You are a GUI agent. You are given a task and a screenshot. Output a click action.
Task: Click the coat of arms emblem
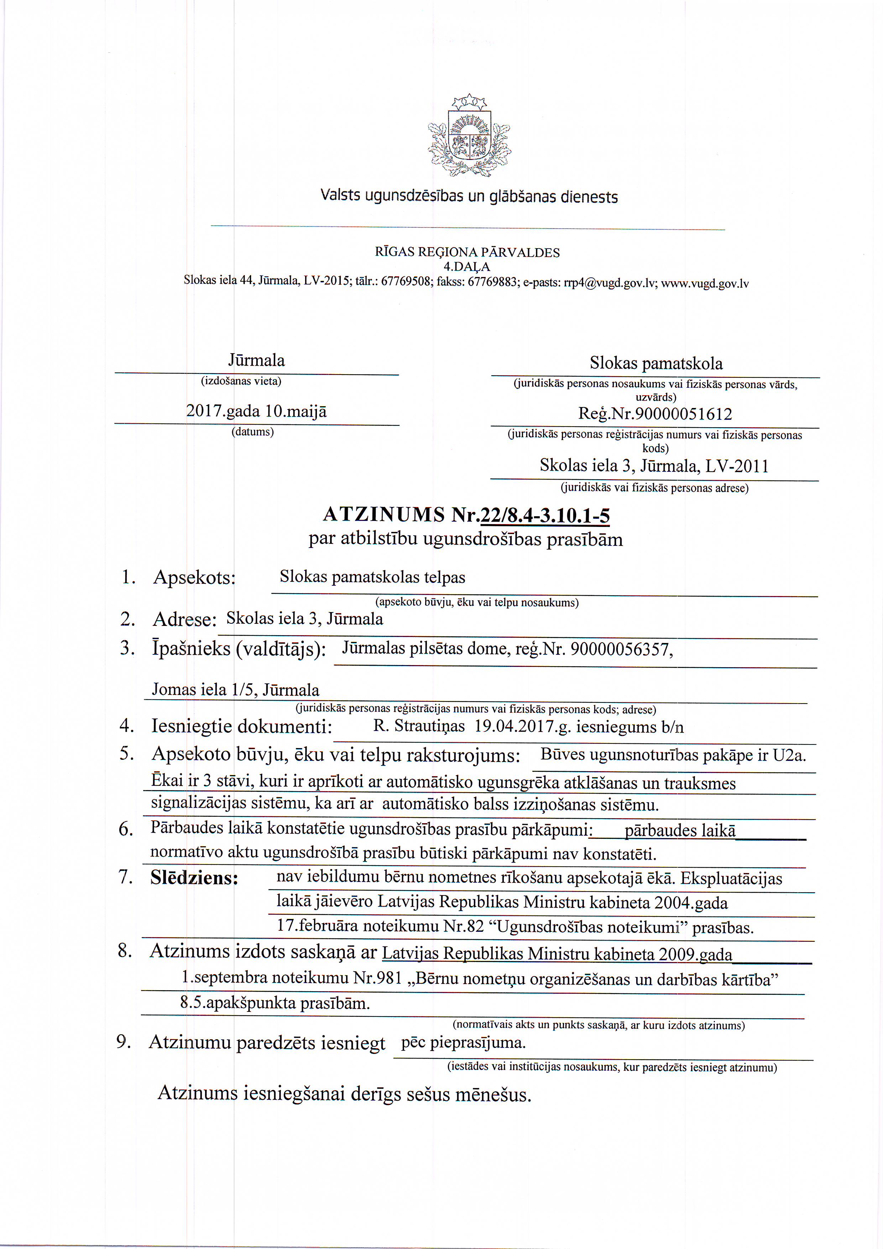[469, 136]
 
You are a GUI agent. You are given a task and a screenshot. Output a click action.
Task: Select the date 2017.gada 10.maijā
[256, 411]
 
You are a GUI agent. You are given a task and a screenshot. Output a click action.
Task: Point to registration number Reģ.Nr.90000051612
[655, 414]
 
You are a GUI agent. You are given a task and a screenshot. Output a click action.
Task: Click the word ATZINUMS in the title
[384, 514]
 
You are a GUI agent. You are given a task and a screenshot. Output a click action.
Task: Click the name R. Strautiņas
[419, 726]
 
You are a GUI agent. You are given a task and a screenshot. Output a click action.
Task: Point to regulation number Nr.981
[377, 978]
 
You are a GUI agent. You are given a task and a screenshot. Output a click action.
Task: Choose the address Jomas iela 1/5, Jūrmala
[236, 690]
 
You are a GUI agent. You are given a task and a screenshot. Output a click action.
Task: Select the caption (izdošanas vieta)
[241, 381]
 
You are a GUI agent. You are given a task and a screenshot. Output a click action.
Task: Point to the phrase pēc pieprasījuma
[463, 1043]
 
